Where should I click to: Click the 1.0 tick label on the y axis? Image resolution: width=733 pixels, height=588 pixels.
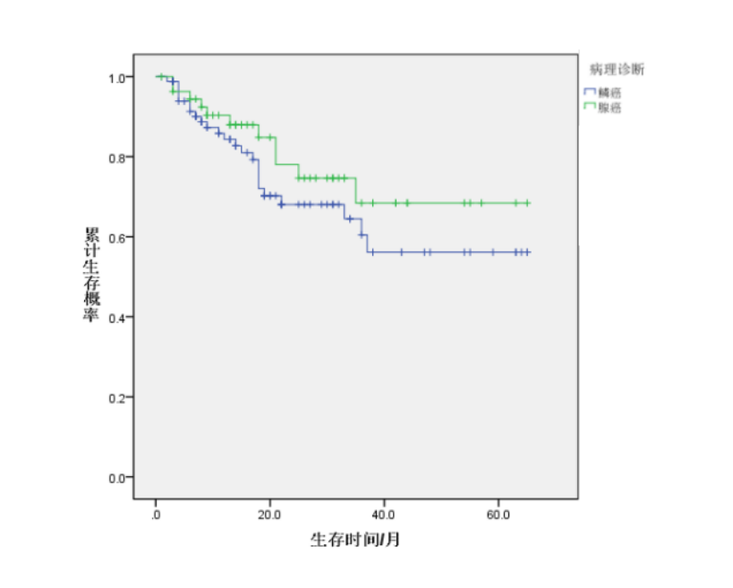tap(116, 78)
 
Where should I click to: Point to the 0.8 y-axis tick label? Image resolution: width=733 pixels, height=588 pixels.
tap(116, 158)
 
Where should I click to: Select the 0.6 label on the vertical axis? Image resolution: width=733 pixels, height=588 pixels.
tap(116, 237)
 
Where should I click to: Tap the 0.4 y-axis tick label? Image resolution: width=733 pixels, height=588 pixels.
tap(116, 317)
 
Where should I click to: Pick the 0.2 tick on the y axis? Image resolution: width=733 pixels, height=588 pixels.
tap(116, 396)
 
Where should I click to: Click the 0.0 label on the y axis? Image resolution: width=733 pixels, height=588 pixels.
tap(116, 477)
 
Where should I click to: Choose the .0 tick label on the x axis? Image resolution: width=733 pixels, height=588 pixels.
tap(156, 516)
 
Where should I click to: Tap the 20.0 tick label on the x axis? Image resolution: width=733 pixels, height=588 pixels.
tap(269, 516)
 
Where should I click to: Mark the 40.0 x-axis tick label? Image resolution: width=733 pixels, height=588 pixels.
tap(384, 516)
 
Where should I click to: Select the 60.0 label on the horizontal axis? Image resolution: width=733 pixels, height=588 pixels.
tap(498, 516)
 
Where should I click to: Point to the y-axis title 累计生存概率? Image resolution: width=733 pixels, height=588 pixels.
tap(91, 276)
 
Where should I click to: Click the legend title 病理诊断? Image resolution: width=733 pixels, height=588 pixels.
tap(617, 69)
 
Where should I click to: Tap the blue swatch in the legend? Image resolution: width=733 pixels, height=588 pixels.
tap(589, 92)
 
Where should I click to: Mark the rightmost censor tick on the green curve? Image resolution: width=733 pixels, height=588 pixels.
tap(527, 203)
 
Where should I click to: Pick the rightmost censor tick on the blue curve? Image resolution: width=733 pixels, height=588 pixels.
tap(527, 252)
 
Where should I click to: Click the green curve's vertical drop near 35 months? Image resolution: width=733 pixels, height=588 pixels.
tap(356, 191)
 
